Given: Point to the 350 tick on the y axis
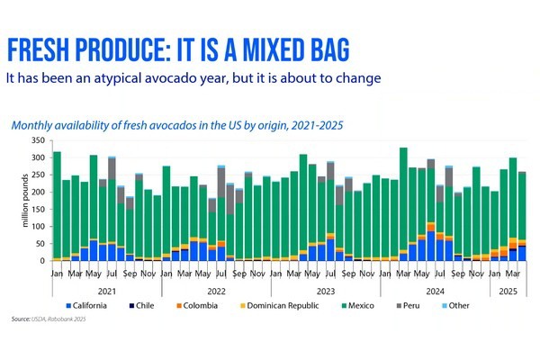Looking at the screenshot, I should pyautogui.click(x=39, y=141).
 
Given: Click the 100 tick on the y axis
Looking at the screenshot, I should pyautogui.click(x=39, y=227).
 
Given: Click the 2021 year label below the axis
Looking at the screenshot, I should pyautogui.click(x=107, y=290).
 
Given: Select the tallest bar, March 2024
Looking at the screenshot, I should pyautogui.click(x=403, y=203).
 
